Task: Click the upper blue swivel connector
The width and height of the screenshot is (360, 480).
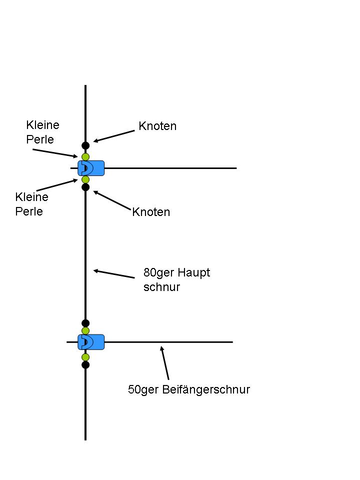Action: point(91,168)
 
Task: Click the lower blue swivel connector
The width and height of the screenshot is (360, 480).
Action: point(91,342)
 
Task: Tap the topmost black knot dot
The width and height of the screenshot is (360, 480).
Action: point(85,146)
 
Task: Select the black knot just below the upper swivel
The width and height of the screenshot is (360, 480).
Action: point(85,187)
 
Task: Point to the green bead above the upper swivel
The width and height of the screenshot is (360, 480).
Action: point(85,157)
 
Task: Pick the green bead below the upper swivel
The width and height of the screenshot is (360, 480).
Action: point(85,179)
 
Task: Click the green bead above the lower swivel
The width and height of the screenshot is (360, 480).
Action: point(85,330)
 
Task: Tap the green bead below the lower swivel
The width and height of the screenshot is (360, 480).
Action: point(85,357)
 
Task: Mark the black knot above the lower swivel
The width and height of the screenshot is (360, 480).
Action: point(85,323)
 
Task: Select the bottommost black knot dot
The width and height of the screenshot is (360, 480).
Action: point(85,364)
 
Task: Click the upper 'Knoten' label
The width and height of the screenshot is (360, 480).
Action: point(157,126)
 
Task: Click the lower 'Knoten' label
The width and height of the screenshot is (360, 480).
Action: point(151,212)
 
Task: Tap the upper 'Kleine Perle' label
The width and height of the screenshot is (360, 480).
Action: point(42,132)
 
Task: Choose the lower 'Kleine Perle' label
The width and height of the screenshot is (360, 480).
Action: point(31,204)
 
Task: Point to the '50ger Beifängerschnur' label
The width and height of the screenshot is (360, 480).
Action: point(189,389)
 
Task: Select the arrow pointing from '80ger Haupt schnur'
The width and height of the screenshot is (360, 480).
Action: point(114,274)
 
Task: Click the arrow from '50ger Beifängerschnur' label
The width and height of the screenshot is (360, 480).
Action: point(164,363)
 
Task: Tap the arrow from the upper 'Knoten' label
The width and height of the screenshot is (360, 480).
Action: point(114,136)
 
